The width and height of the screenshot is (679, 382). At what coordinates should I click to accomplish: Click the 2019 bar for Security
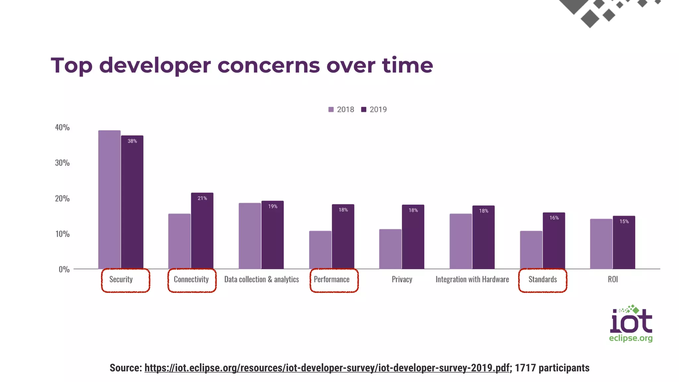tap(132, 206)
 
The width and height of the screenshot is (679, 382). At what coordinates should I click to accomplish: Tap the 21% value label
tap(202, 198)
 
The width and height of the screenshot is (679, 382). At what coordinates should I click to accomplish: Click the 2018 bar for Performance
tap(320, 250)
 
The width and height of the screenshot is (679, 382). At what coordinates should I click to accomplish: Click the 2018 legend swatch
tap(331, 109)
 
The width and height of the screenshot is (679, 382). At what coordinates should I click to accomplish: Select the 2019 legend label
tap(378, 109)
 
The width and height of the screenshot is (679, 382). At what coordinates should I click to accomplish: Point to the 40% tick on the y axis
tap(62, 127)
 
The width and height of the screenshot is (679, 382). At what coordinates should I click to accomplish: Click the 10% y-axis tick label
tap(62, 234)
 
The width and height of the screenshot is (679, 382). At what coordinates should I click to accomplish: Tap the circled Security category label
tap(121, 280)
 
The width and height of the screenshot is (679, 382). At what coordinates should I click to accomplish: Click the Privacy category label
tap(402, 280)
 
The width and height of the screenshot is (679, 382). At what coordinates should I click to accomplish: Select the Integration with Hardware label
tap(472, 280)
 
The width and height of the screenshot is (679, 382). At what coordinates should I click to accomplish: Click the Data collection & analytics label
tap(262, 280)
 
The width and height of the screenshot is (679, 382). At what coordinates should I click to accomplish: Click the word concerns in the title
tap(269, 65)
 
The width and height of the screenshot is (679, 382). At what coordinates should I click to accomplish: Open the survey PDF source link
tap(327, 368)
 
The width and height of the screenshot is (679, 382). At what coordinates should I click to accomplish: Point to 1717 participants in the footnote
tap(552, 368)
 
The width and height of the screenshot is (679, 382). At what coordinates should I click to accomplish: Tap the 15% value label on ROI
tap(624, 222)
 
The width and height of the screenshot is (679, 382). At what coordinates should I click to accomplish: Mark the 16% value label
tap(554, 218)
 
